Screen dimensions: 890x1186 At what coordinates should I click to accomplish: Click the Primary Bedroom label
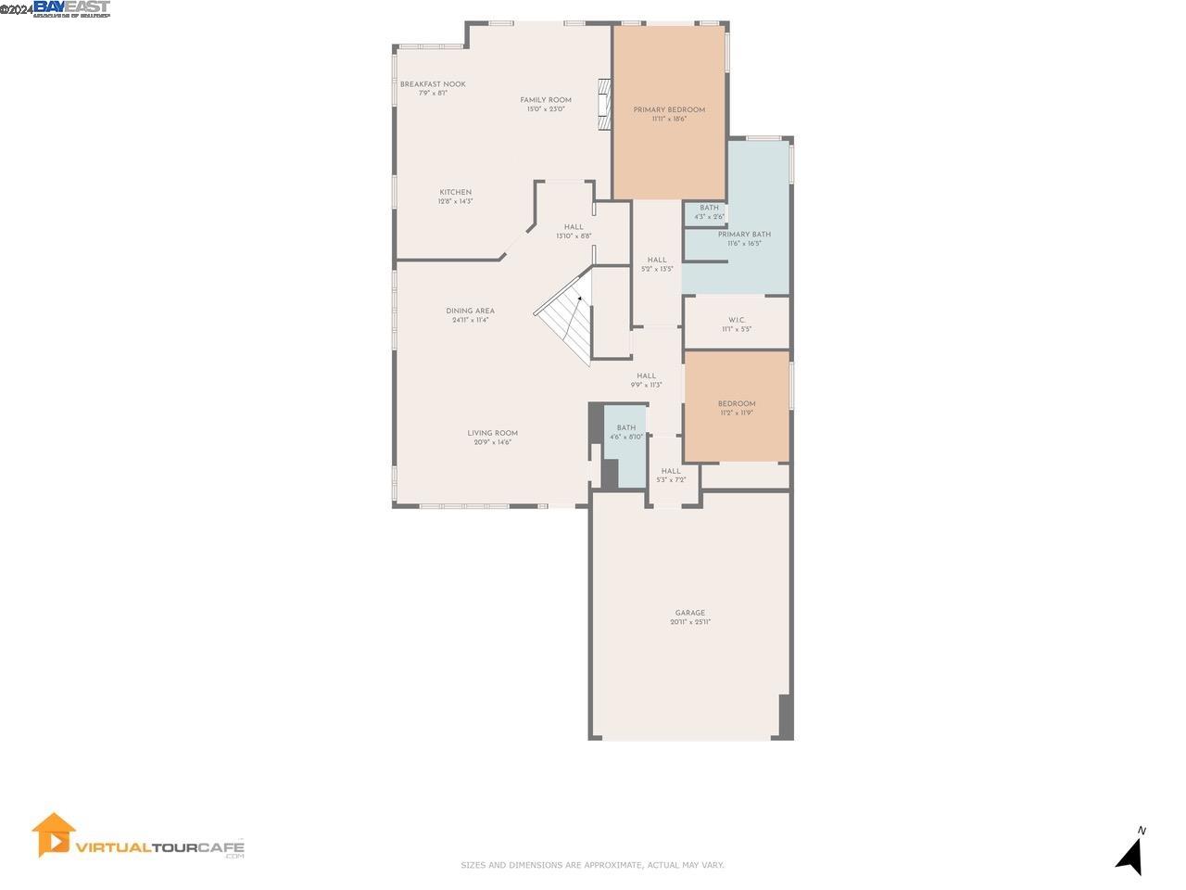point(669,114)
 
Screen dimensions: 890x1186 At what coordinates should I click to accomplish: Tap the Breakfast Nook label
point(433,88)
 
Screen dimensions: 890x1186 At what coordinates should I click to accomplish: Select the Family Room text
point(546,104)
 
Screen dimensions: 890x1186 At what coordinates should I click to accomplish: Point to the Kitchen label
point(455,197)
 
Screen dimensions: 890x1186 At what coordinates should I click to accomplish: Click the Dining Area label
point(470,315)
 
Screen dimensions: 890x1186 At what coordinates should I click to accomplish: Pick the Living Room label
point(492,437)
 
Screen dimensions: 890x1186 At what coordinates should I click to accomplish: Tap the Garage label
point(689,617)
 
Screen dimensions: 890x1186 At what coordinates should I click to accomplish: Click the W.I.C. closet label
point(737,324)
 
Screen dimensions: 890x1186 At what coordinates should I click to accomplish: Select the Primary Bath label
point(744,238)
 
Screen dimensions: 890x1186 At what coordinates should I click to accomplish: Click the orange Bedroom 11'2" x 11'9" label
point(737,408)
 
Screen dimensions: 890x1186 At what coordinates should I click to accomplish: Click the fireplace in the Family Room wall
point(605,103)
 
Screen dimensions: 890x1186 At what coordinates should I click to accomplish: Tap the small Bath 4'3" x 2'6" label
point(709,212)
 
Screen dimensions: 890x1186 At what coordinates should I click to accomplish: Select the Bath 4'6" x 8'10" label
point(626,432)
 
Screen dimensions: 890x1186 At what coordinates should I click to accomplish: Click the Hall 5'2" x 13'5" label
point(657,264)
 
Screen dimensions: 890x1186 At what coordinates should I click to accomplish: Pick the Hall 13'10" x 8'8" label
point(574,231)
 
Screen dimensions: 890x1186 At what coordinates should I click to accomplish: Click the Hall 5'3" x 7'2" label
point(671,475)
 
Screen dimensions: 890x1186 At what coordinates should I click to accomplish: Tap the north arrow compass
point(1129,851)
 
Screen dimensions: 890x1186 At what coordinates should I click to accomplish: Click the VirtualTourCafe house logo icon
point(53,834)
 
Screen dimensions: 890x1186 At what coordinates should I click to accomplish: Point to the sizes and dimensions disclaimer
point(592,865)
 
